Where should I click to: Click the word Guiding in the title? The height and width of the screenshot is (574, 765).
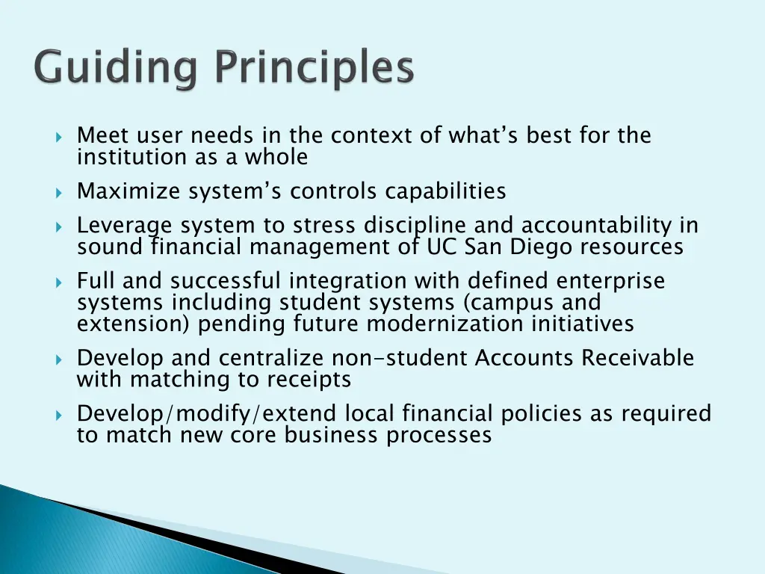tap(116, 70)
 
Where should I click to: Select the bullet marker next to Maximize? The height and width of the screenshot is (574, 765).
tap(59, 193)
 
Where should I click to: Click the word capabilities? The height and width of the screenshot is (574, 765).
tap(445, 192)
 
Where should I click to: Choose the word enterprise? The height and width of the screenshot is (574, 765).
tap(610, 282)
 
